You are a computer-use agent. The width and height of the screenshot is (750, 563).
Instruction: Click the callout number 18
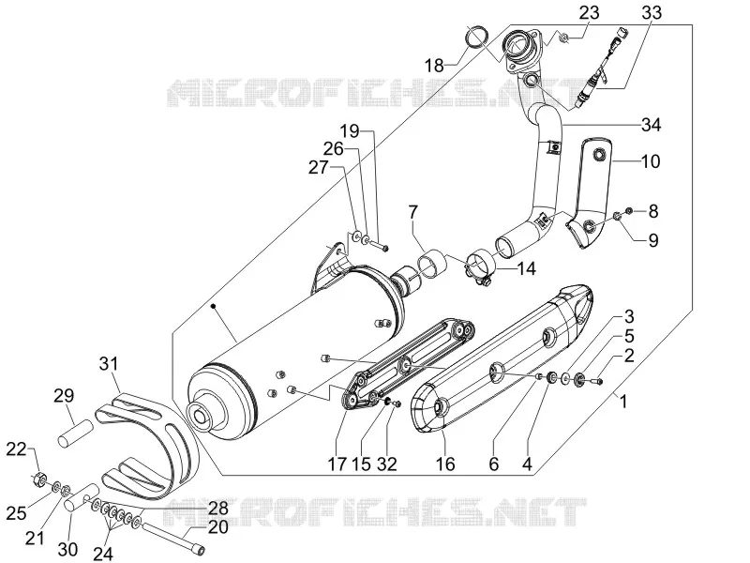coord(435,66)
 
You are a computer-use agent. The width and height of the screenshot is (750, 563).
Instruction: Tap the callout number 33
coord(652,12)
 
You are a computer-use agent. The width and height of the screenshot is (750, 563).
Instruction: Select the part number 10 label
coord(650,161)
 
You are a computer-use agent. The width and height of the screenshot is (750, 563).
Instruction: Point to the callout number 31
coord(108,364)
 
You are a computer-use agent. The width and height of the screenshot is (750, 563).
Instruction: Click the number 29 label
coord(65,396)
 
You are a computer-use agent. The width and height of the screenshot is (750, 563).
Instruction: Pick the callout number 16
coord(444,464)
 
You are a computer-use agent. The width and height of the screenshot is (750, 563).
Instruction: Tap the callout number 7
coord(412,212)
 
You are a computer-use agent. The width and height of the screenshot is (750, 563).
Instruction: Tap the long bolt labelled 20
coord(173,537)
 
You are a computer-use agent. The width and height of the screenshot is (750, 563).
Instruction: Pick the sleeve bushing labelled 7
coord(432,263)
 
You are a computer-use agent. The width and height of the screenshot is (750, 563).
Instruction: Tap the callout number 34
coord(651,125)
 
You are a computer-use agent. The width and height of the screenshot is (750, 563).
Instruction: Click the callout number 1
coord(622,402)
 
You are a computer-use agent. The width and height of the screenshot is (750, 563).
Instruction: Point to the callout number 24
coord(103,554)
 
